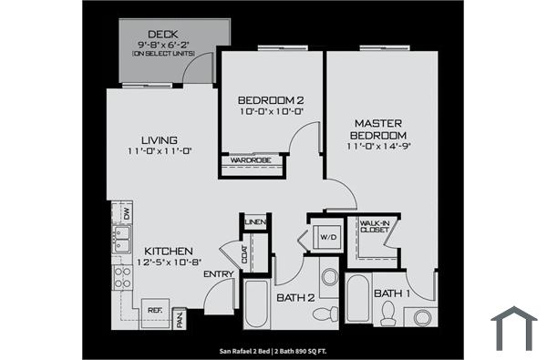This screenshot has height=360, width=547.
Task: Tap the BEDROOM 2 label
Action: click(x=270, y=99)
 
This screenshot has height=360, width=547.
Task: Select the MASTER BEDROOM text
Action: click(x=379, y=129)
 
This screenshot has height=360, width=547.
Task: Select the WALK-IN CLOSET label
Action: click(x=375, y=226)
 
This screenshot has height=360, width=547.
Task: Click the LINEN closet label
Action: click(x=255, y=222)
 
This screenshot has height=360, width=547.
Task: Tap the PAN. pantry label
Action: click(x=181, y=319)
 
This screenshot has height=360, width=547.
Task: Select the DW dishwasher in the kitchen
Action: click(x=127, y=214)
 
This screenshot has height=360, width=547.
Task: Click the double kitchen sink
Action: click(x=122, y=240)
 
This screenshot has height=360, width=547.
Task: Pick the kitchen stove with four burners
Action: click(x=121, y=272)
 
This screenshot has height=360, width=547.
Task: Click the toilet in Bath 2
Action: click(x=324, y=313)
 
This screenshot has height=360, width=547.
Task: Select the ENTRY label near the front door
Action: click(x=217, y=273)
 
